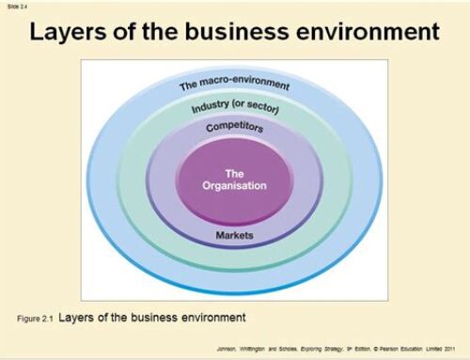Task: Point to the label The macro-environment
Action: click(x=235, y=86)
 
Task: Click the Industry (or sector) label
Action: click(x=235, y=110)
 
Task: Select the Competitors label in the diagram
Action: click(x=234, y=127)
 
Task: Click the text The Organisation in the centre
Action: click(x=234, y=179)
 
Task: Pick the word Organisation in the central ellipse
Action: click(x=234, y=185)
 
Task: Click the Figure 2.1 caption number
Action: click(x=38, y=317)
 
